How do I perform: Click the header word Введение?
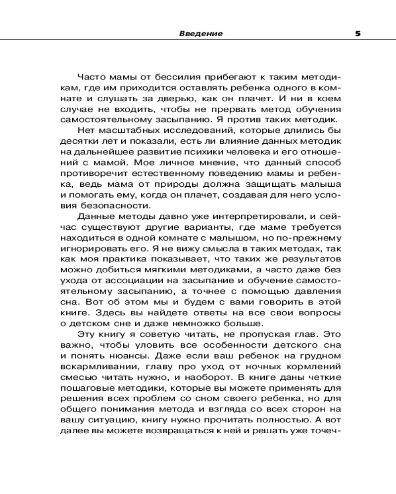[x=200, y=34]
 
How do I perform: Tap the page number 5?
[x=357, y=34]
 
